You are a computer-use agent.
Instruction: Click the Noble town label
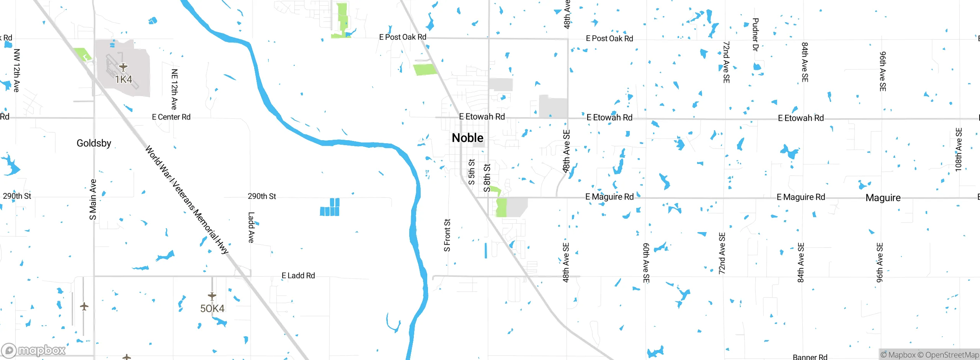[467, 138]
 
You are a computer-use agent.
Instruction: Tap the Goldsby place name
[94, 143]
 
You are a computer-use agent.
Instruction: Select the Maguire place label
[883, 198]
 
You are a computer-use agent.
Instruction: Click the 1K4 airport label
[123, 79]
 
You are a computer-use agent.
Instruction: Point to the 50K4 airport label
[212, 308]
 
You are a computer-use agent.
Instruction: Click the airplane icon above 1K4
[123, 67]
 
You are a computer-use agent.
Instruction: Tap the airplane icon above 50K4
[212, 296]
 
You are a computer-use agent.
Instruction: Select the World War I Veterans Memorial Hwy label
[187, 200]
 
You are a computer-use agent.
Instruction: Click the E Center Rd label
[171, 117]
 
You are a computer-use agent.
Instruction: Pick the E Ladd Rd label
[298, 275]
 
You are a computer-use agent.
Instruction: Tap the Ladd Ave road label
[251, 227]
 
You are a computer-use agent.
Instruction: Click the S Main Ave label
[93, 200]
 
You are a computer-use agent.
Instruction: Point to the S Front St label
[447, 235]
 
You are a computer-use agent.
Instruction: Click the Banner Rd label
[810, 357]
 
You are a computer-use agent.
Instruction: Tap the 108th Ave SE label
[958, 149]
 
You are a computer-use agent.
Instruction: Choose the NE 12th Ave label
[175, 89]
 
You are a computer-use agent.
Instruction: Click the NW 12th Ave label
[16, 70]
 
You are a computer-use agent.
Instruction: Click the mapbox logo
[34, 350]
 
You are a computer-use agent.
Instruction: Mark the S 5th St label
[472, 172]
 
